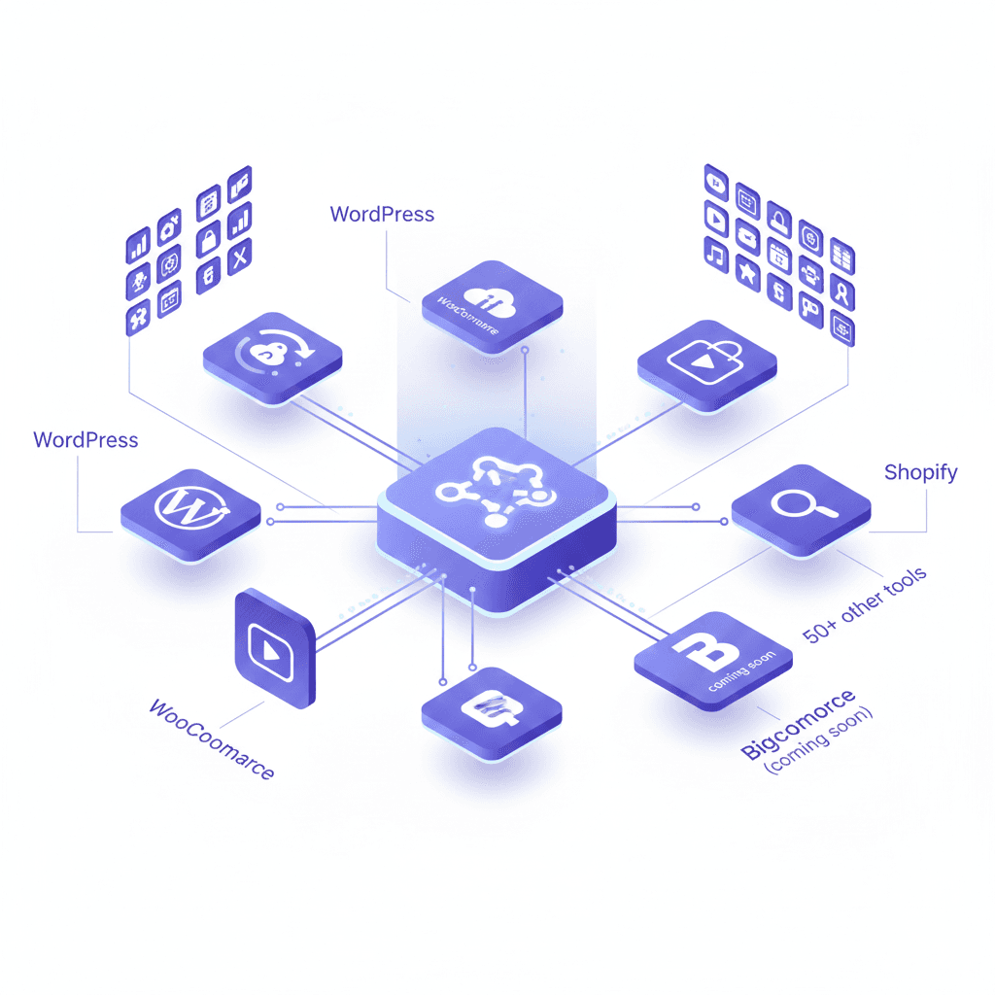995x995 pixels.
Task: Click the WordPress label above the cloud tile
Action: [382, 214]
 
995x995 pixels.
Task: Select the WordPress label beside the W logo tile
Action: [86, 440]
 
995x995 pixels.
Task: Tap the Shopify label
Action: [920, 473]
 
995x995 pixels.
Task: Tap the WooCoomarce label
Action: [211, 738]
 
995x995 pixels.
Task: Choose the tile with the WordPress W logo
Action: [189, 504]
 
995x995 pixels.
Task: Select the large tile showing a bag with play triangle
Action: [706, 362]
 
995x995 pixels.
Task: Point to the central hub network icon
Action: [495, 489]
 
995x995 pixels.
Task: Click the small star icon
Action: [747, 274]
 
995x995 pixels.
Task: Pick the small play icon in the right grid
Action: [716, 219]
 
